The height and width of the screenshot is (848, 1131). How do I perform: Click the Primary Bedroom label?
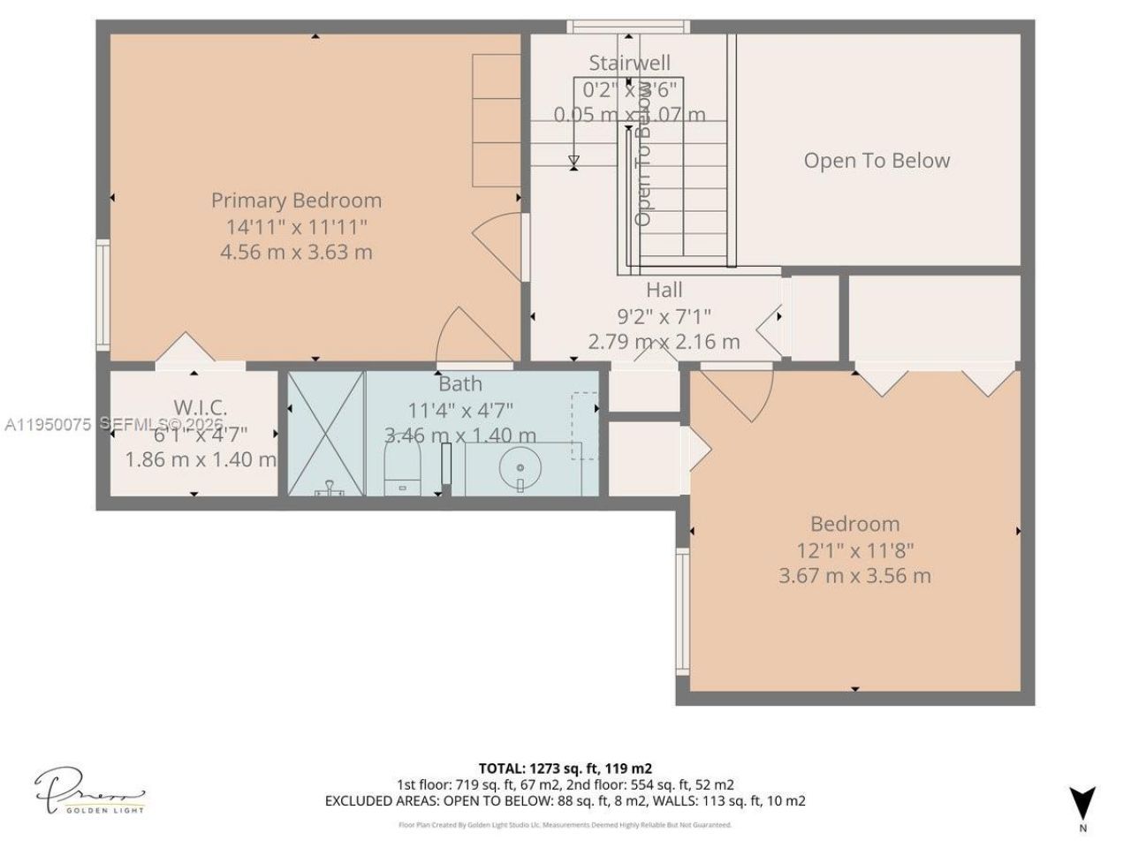click(x=296, y=201)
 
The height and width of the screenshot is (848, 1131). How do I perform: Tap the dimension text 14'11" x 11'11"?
click(x=296, y=226)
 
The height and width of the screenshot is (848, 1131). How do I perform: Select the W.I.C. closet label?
click(x=200, y=407)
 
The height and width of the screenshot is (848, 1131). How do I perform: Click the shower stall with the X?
click(x=327, y=433)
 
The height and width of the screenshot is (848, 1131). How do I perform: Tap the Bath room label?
click(x=460, y=383)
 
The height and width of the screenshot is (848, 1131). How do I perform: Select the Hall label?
click(x=664, y=290)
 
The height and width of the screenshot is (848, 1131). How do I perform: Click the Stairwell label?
click(x=629, y=63)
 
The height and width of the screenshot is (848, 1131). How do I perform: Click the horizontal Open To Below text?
click(x=877, y=161)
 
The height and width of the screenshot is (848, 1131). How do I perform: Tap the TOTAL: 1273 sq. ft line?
click(x=565, y=768)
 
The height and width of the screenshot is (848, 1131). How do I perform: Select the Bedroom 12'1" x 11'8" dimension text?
click(x=854, y=550)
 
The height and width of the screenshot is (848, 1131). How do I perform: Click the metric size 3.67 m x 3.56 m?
click(x=854, y=576)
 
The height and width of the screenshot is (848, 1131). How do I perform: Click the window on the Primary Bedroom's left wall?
click(x=102, y=295)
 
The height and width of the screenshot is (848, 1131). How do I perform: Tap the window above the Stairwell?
click(x=626, y=26)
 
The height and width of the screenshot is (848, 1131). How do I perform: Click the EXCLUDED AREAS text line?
click(x=565, y=801)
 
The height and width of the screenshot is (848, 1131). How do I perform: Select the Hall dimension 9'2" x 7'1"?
click(x=664, y=315)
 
